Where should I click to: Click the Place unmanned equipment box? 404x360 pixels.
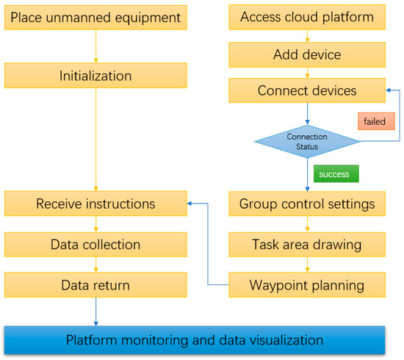[95, 16]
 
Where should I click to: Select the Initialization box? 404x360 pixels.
[95, 76]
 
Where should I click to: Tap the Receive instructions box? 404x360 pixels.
[95, 204]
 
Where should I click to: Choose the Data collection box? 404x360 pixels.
[95, 244]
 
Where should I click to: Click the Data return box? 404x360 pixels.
[95, 284]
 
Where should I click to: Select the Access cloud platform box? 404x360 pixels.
[307, 16]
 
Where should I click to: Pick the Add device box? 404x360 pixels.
[307, 54]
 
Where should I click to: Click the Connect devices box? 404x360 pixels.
[307, 91]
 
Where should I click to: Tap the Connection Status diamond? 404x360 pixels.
[307, 142]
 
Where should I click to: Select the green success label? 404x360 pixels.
[336, 174]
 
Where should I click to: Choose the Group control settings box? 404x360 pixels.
[307, 204]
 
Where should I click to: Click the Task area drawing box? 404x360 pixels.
[307, 244]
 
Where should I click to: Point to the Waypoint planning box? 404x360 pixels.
[307, 284]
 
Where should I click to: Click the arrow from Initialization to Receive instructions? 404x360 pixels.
[96, 140]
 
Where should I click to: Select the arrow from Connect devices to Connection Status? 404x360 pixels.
[307, 113]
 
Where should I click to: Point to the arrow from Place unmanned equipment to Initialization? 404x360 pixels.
[96, 46]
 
